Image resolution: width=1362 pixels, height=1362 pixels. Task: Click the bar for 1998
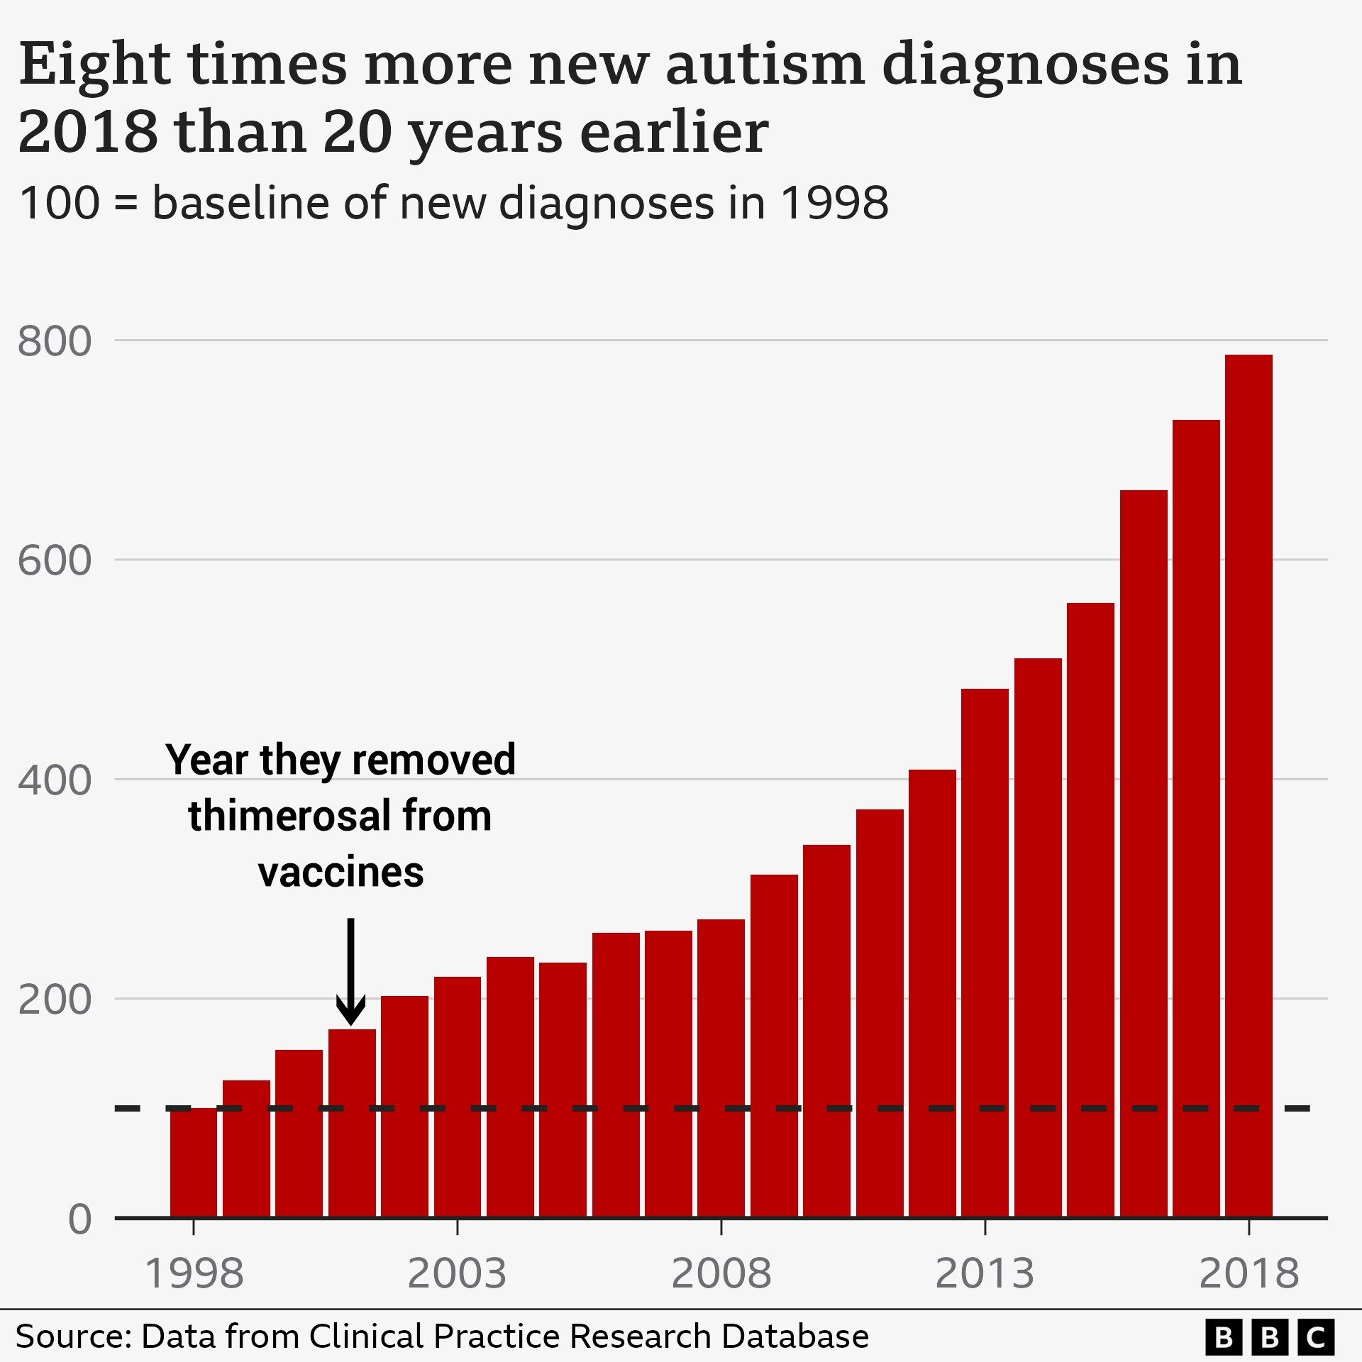pos(194,1163)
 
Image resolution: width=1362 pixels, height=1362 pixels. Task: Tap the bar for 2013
pos(985,953)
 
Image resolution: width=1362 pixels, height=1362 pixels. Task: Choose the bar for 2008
pos(721,1068)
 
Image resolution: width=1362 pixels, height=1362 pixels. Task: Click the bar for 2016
pos(1144,854)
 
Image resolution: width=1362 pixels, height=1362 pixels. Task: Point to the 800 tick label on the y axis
pos(55,341)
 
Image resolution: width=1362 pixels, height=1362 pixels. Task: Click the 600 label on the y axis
pos(55,561)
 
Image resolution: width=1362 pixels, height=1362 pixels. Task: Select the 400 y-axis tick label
pos(55,780)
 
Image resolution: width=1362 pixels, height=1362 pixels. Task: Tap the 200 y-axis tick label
pos(55,1000)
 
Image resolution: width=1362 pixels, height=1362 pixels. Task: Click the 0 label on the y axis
pos(79,1220)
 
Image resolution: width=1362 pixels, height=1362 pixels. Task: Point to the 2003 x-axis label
pos(457,1273)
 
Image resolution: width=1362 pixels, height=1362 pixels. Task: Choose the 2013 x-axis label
pos(985,1273)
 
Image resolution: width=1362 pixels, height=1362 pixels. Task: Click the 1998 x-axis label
pos(194,1273)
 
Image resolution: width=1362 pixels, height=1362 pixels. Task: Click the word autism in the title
pos(765,65)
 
